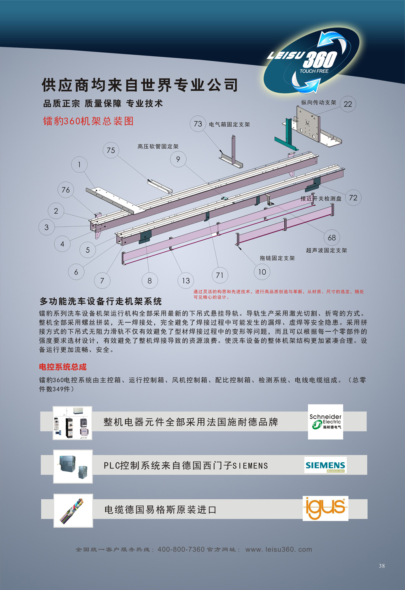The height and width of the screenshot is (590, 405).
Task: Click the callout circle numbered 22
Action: [x=348, y=104]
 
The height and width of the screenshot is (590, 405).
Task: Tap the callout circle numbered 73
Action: [x=198, y=124]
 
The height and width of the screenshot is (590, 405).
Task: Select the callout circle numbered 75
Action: [x=111, y=150]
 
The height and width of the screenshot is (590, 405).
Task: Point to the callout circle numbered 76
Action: [x=66, y=190]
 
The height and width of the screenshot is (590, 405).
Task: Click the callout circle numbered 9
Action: [x=178, y=159]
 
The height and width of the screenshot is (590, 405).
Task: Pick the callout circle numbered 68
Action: [x=332, y=237]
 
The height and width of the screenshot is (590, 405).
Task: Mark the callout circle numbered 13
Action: [x=186, y=281]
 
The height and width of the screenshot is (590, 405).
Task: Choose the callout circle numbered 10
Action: [x=262, y=272]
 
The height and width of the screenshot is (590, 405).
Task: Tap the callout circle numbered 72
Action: [x=353, y=198]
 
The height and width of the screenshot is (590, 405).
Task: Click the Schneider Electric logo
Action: [x=326, y=422]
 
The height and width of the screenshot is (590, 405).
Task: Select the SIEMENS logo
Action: [x=326, y=465]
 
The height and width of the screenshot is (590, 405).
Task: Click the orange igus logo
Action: [x=326, y=508]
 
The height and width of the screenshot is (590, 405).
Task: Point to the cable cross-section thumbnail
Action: [x=73, y=511]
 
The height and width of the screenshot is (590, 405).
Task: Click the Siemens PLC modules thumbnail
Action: [x=73, y=466]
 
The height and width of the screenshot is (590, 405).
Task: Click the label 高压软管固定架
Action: [x=158, y=147]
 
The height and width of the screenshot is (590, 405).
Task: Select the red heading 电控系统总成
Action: [x=63, y=367]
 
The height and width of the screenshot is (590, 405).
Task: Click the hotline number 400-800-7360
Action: [x=181, y=549]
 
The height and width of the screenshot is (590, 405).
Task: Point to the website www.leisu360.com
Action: [x=279, y=549]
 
